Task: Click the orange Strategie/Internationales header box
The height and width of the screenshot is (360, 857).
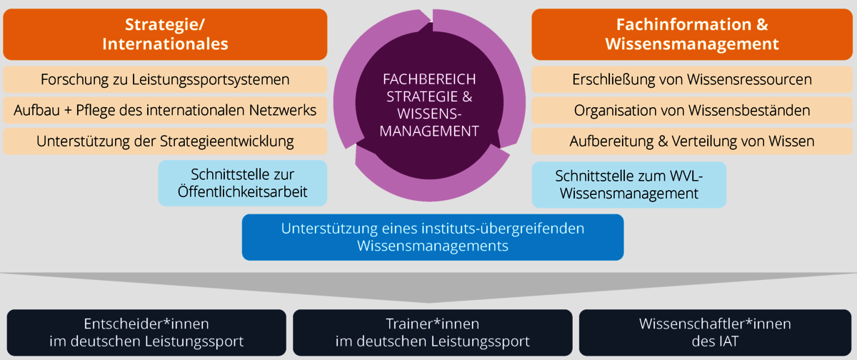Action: tap(165, 34)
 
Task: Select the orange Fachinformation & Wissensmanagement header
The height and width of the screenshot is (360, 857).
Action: tap(691, 34)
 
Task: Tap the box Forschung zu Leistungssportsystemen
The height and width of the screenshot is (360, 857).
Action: tap(165, 79)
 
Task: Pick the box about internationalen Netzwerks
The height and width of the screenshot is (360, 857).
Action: tap(165, 110)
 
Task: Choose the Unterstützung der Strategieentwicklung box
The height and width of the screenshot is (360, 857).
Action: tap(165, 141)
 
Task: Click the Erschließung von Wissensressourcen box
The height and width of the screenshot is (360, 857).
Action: tap(691, 79)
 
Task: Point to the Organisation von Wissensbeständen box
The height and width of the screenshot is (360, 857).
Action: tap(691, 110)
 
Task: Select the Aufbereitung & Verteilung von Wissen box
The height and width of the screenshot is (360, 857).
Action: tap(691, 141)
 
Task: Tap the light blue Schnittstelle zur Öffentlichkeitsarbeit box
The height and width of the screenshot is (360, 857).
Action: tap(242, 184)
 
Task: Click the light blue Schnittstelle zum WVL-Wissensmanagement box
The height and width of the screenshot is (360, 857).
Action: tap(629, 184)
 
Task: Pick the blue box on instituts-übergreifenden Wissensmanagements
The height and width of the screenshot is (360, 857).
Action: tap(433, 237)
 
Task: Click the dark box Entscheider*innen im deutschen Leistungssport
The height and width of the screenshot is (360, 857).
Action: tap(146, 332)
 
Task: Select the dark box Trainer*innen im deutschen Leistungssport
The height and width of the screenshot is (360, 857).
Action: tap(432, 332)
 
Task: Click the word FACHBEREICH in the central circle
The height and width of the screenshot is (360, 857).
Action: tap(429, 79)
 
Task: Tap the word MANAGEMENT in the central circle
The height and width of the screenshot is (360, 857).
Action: tap(429, 131)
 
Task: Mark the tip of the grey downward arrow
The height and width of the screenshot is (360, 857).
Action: tap(428, 302)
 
